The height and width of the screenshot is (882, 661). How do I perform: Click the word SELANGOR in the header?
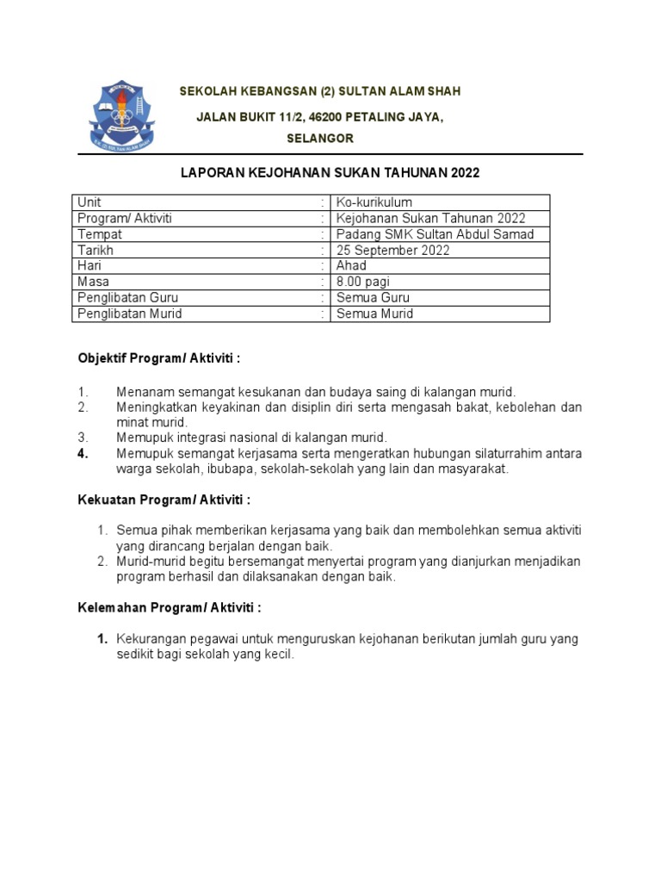[x=319, y=139]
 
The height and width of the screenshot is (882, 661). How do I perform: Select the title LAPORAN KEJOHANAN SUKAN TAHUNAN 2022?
[x=330, y=173]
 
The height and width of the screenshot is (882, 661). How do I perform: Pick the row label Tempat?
[x=100, y=234]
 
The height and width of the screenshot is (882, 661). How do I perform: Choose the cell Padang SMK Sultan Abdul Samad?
[x=435, y=234]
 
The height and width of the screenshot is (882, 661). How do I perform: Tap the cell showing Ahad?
[x=351, y=266]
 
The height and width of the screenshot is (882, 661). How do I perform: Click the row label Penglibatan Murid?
[x=129, y=314]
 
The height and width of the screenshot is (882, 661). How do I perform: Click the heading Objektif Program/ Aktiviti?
[x=159, y=357]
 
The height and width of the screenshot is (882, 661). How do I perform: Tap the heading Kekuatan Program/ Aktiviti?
[x=164, y=500]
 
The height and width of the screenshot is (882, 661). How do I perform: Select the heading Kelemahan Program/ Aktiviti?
[x=169, y=607]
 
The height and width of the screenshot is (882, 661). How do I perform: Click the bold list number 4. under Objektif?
[x=83, y=454]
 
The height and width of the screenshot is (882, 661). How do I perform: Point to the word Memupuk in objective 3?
[x=143, y=438]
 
